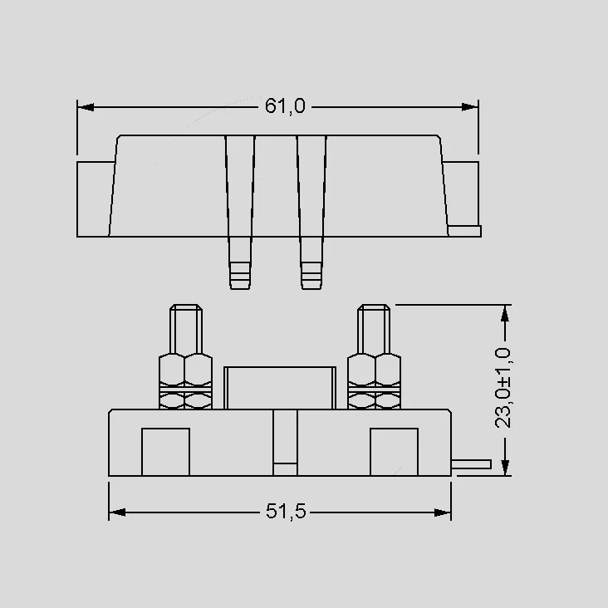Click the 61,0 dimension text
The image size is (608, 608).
click(x=285, y=106)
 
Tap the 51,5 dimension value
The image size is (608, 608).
click(x=286, y=512)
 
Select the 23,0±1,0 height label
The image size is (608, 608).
click(x=503, y=388)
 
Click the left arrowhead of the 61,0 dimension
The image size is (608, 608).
click(x=86, y=107)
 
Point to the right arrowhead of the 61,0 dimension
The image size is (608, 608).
click(x=469, y=107)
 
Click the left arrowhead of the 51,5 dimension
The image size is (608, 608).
click(x=117, y=512)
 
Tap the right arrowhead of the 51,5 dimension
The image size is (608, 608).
click(x=443, y=512)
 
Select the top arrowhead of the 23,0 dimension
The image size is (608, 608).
click(x=504, y=313)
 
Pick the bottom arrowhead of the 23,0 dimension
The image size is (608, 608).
click(x=504, y=468)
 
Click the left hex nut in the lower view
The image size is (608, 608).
click(x=185, y=380)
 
